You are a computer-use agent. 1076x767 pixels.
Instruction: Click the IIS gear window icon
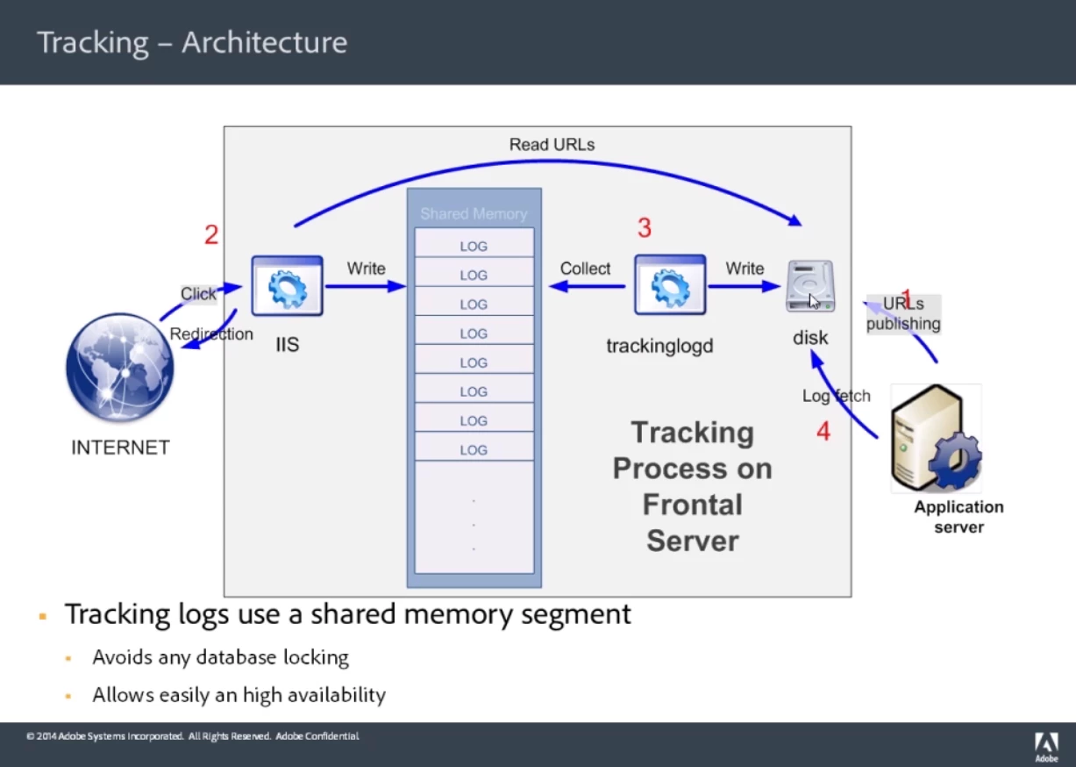tap(287, 286)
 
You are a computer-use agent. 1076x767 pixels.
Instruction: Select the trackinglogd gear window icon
tap(670, 286)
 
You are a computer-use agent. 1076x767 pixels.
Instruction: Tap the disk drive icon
tap(809, 286)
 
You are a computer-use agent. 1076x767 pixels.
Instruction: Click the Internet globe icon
tap(120, 369)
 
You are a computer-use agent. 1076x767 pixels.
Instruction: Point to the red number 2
tap(211, 235)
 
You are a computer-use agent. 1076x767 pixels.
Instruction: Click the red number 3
tap(645, 229)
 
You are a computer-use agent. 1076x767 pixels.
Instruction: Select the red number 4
tap(823, 432)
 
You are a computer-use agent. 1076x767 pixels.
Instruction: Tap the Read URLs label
tap(552, 145)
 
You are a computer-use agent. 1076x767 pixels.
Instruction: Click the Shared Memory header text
tap(474, 214)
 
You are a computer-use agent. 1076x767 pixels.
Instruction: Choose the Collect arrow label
tap(585, 269)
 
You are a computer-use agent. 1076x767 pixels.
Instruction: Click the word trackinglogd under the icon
tap(659, 346)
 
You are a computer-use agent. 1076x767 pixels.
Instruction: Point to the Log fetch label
tap(836, 396)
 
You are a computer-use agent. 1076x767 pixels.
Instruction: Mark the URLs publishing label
tap(903, 314)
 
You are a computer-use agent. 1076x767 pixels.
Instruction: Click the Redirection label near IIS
tap(211, 334)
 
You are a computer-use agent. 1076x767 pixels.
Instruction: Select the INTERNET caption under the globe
tap(120, 448)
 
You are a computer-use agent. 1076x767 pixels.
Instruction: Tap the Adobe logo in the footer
tap(1046, 746)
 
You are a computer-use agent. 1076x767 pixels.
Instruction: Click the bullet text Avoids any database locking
tap(220, 657)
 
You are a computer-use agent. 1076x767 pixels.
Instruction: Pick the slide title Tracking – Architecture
tap(192, 42)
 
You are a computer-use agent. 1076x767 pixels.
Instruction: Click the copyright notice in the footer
tap(192, 736)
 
